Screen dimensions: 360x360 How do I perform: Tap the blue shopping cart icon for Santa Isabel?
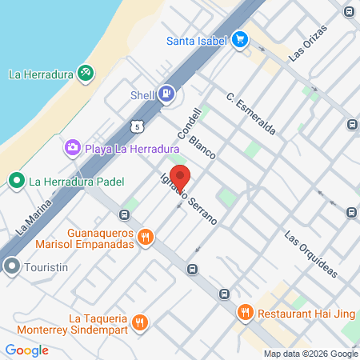[x=239, y=40]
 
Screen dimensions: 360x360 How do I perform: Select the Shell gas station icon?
[x=166, y=94]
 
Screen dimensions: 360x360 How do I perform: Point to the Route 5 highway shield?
[x=140, y=126]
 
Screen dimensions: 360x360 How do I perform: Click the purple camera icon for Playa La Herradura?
[x=73, y=146]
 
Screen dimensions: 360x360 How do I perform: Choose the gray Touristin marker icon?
[x=12, y=266]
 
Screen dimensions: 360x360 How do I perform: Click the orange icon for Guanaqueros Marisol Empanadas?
[x=145, y=237]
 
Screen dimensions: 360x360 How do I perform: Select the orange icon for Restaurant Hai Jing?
[x=245, y=313]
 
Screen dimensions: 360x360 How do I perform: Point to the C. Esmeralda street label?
[x=251, y=116]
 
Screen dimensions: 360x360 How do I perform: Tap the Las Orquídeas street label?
[x=311, y=254]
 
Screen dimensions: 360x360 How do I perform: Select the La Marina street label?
[x=31, y=225]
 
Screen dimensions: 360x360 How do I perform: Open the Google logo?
[x=26, y=350]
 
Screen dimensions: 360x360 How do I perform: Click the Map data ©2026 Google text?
[x=311, y=354]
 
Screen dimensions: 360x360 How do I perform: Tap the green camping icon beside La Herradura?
[x=86, y=74]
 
